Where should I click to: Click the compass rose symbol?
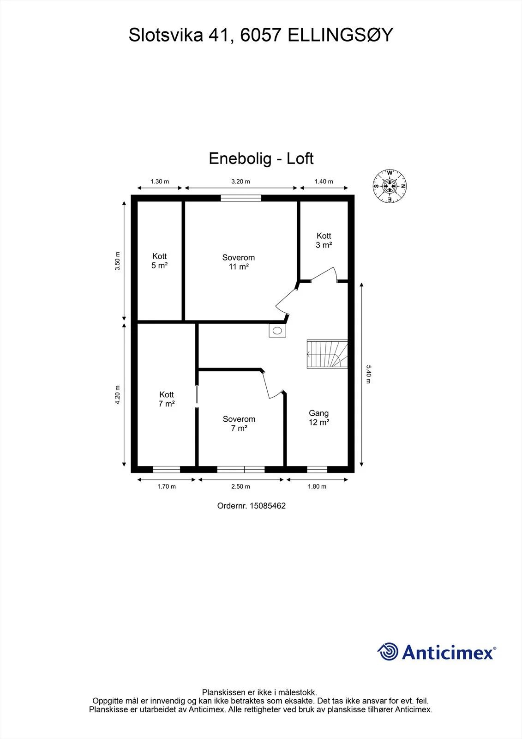point(390,186)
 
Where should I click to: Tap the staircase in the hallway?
point(327,354)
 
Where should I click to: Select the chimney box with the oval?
point(277,330)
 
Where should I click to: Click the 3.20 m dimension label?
point(240,182)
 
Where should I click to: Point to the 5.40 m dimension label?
point(368,374)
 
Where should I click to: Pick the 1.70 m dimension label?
point(167,486)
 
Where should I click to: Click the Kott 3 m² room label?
point(324,240)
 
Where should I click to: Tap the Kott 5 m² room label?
point(160,260)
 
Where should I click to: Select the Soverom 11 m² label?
point(239,262)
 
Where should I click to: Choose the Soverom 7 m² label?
point(239,424)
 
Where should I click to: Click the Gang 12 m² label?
point(319,418)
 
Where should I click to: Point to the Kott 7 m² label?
point(167,399)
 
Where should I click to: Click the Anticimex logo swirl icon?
point(388,652)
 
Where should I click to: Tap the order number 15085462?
point(268,506)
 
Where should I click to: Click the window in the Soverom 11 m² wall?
point(241,198)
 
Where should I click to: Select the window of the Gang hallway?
point(317,469)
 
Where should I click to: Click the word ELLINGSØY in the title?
point(341,35)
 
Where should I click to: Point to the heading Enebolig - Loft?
point(261,158)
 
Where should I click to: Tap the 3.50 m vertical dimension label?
point(117,261)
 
